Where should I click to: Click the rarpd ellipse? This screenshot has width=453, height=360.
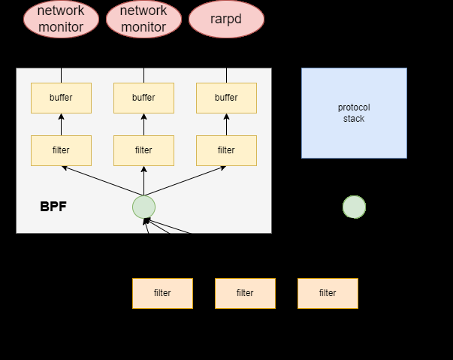[x=226, y=19]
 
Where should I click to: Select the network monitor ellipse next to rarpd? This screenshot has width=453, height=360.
[x=143, y=19]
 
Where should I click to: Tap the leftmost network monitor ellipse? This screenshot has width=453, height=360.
[x=61, y=19]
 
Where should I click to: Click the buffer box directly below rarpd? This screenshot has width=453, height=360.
[x=226, y=98]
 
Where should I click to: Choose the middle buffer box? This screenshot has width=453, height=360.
[x=143, y=98]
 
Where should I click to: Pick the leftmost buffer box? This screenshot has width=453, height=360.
[x=61, y=98]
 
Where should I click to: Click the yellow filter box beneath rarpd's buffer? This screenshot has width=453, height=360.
[x=226, y=150]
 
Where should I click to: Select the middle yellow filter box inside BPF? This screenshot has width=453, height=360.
[x=143, y=150]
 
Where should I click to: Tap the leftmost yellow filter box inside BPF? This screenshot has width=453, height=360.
[x=61, y=150]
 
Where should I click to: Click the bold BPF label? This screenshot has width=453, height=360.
[x=53, y=207]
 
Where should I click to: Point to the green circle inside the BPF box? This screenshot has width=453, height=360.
[x=143, y=207]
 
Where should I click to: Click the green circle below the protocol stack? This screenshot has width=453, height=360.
[x=354, y=207]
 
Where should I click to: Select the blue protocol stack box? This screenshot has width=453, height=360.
[x=354, y=113]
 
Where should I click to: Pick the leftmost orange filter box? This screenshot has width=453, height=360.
[x=162, y=293]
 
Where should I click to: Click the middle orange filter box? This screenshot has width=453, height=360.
[x=245, y=293]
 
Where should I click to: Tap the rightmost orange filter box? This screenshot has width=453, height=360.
[x=328, y=293]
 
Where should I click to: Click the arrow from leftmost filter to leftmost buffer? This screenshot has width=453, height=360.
[x=61, y=125]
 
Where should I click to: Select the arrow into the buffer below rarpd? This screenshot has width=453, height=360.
[x=226, y=125]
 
